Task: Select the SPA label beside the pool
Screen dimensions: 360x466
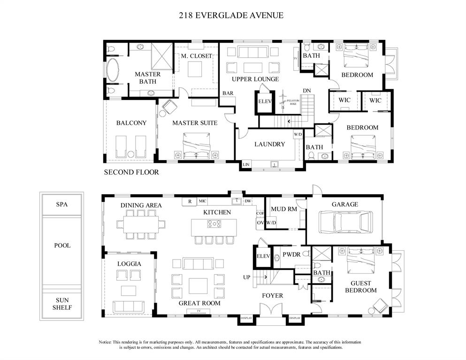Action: coord(62,205)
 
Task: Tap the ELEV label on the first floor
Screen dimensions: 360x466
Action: coord(263,256)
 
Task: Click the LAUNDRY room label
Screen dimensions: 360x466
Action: coord(269,144)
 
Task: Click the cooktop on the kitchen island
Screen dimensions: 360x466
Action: coord(214,224)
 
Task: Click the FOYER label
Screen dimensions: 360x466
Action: coord(272,296)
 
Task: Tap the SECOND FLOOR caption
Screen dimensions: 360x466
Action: coord(131,172)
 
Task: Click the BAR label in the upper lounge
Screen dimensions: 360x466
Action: coord(228,93)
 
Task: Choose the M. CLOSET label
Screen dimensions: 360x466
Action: coord(197,56)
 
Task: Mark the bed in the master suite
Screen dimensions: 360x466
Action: coord(196,146)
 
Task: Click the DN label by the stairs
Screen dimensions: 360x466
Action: coord(306,91)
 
